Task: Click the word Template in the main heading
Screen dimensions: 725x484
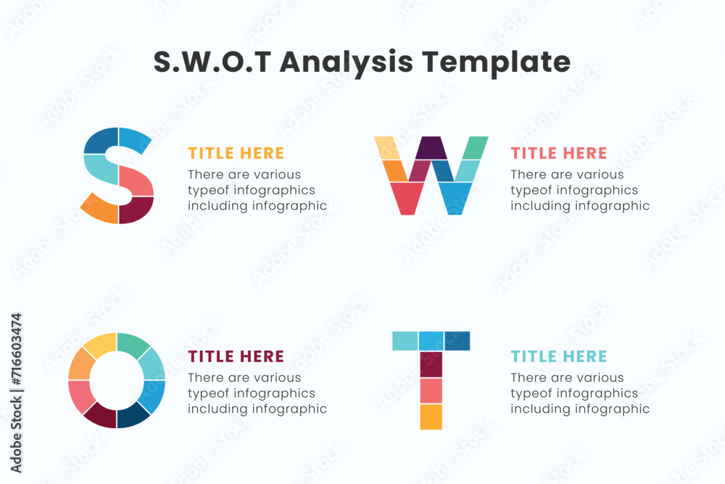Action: tap(496, 62)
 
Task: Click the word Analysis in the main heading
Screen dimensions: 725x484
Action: tap(346, 62)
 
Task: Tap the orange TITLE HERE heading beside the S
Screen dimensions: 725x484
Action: tap(236, 153)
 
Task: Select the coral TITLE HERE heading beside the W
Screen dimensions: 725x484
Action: tap(559, 153)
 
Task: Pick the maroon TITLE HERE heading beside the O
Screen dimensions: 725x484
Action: tap(236, 356)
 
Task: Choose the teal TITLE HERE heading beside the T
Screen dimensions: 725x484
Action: tap(559, 356)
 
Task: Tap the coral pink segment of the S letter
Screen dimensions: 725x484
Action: tap(136, 181)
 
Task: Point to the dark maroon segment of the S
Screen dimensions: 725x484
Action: tap(135, 210)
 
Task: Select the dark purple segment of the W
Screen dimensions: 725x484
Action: tap(431, 147)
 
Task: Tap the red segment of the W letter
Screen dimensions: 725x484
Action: tap(407, 198)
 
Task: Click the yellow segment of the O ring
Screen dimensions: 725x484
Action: tap(101, 345)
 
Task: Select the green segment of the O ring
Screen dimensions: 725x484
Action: tap(133, 345)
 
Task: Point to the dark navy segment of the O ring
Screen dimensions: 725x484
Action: tap(133, 415)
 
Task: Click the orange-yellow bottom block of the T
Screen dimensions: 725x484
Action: tap(431, 417)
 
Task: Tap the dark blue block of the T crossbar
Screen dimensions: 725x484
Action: tap(457, 341)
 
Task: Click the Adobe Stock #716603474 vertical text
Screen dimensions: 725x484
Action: tap(16, 393)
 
